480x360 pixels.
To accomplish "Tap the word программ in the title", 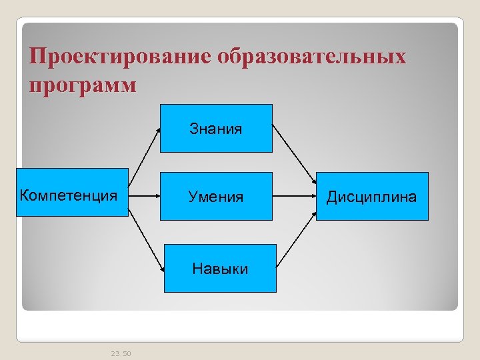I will pyautogui.click(x=83, y=85).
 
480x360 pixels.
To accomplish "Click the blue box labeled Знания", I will pyautogui.click(x=215, y=128).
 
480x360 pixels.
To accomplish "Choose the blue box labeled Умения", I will pyautogui.click(x=215, y=196).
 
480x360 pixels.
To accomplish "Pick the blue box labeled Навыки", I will pyautogui.click(x=219, y=268).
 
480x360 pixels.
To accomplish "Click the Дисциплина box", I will pyautogui.click(x=371, y=196).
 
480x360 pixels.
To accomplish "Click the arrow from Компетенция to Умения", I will pyautogui.click(x=143, y=196).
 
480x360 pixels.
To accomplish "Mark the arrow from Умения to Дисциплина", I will pyautogui.click(x=294, y=197).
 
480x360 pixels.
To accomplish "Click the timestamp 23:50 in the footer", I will pyautogui.click(x=121, y=353).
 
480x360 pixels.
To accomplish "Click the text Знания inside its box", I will pyautogui.click(x=215, y=129).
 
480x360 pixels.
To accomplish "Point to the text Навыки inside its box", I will pyautogui.click(x=219, y=269).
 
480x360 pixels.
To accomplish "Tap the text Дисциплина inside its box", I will pyautogui.click(x=371, y=197).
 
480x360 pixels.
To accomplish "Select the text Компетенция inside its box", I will pyautogui.click(x=69, y=195).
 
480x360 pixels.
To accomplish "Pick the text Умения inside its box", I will pyautogui.click(x=215, y=197).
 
